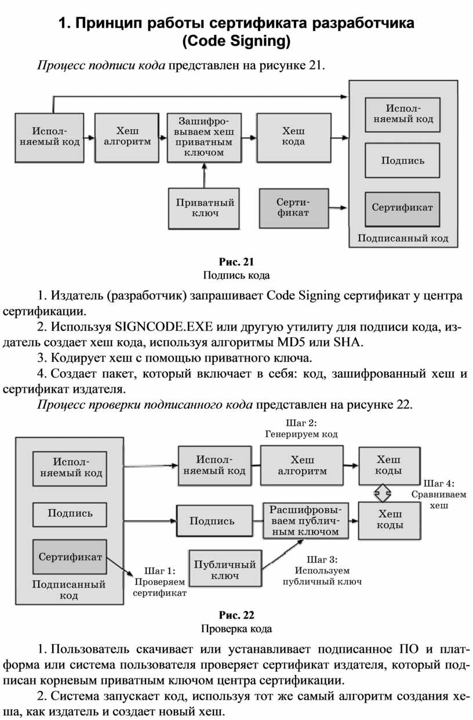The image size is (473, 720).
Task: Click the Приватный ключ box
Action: click(197, 208)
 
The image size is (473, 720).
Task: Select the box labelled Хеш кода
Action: click(293, 137)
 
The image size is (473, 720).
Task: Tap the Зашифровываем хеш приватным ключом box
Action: click(203, 137)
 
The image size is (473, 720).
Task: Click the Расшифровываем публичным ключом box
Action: click(305, 520)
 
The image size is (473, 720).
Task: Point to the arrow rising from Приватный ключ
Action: click(204, 174)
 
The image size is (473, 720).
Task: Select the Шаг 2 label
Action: click(301, 428)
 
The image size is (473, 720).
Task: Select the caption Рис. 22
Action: click(236, 615)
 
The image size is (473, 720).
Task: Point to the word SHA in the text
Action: click(351, 342)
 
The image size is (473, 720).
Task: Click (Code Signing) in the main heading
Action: click(236, 42)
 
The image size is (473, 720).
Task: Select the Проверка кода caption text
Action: click(236, 628)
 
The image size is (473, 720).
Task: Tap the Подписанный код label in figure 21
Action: click(402, 238)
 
